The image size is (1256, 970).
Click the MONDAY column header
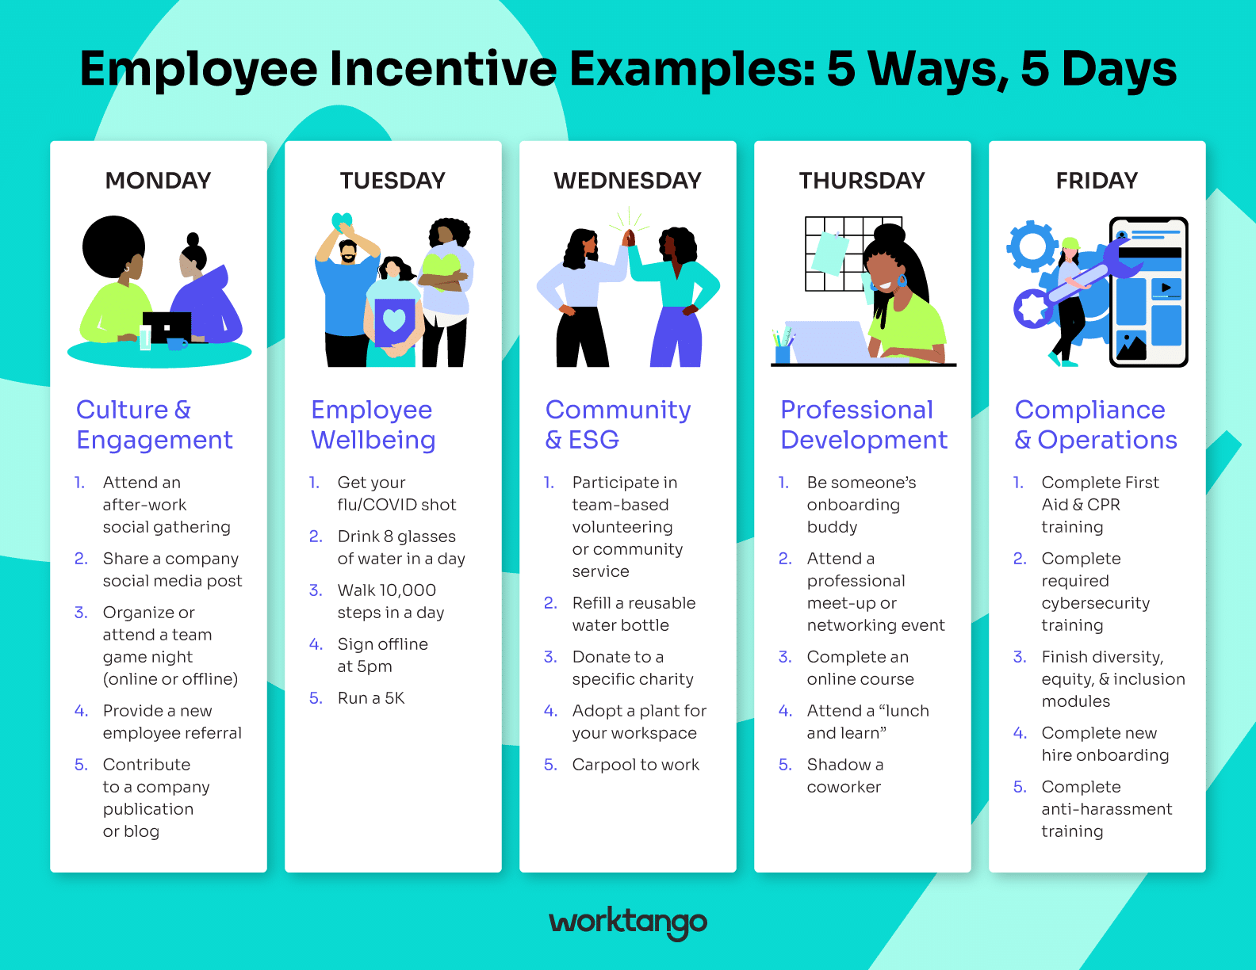click(159, 181)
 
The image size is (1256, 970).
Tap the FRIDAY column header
click(1097, 181)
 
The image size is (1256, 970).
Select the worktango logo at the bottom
click(628, 922)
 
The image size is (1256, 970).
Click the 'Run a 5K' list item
click(371, 698)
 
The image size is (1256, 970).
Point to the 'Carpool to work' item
click(635, 765)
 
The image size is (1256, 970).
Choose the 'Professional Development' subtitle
click(863, 425)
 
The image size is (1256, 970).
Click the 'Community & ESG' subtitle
click(618, 425)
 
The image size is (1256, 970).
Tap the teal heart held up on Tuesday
click(342, 222)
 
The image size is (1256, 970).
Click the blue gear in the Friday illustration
click(1032, 246)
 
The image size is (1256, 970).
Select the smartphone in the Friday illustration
click(1150, 292)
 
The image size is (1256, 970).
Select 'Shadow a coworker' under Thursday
click(844, 776)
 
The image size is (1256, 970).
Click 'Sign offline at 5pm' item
click(382, 655)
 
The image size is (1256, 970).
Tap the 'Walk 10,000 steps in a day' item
click(390, 601)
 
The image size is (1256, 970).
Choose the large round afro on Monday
click(113, 246)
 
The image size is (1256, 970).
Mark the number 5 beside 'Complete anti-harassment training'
click(1020, 787)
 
